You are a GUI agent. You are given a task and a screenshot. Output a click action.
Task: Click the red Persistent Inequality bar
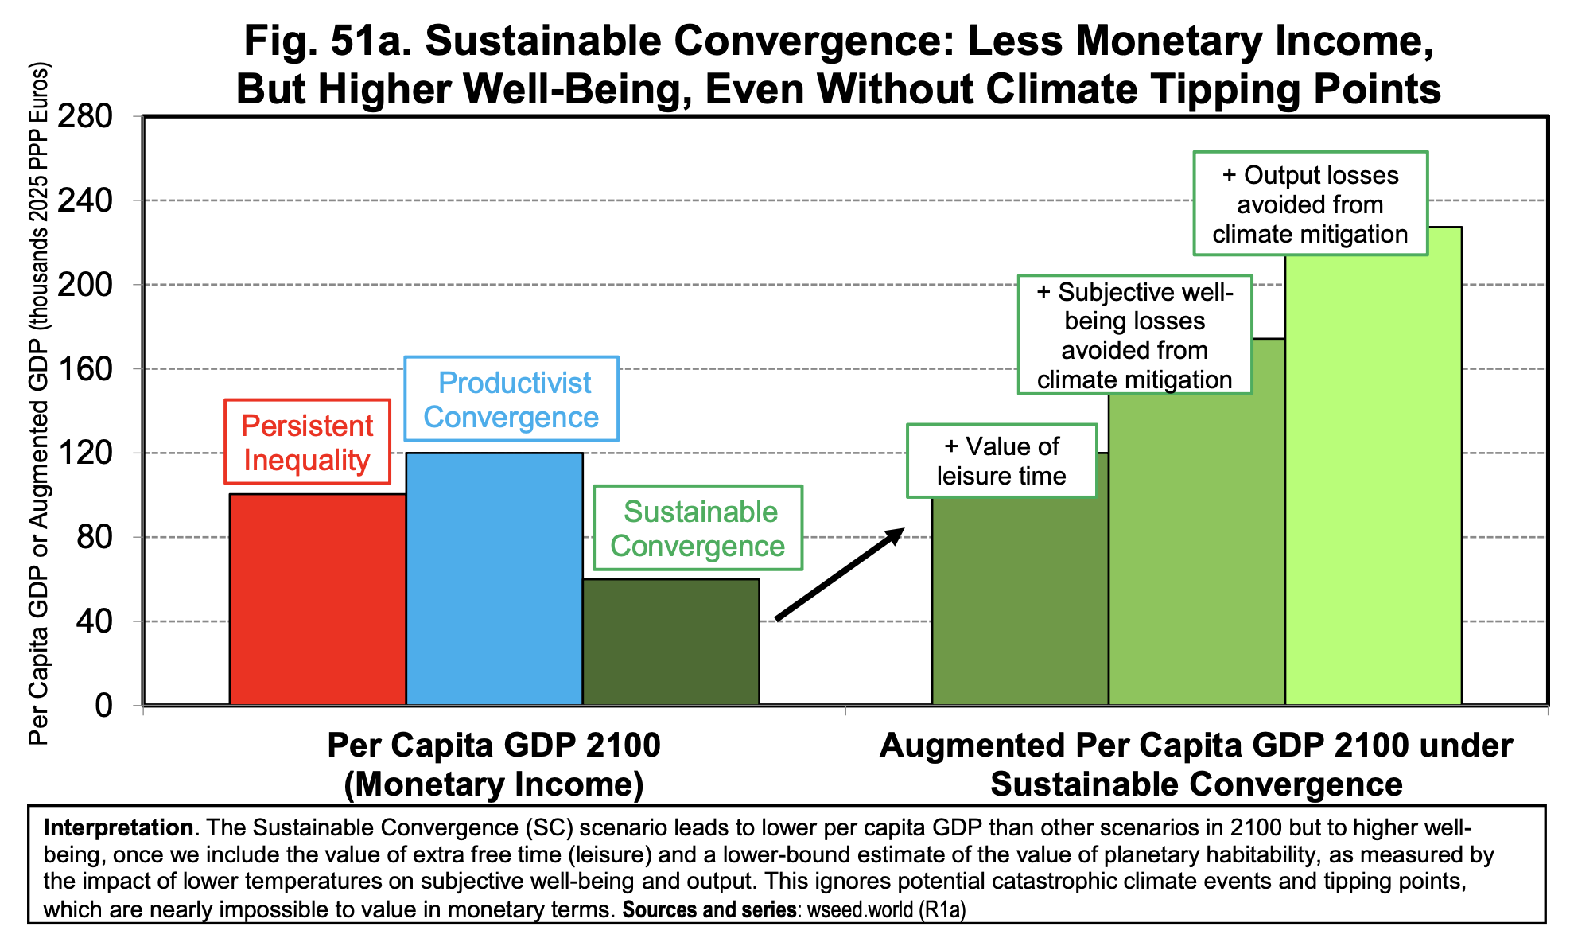click(317, 599)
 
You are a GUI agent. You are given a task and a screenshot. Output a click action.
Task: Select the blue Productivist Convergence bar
click(494, 578)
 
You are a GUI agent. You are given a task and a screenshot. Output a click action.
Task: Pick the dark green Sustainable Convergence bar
click(670, 641)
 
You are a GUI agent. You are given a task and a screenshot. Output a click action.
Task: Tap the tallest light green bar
click(1373, 477)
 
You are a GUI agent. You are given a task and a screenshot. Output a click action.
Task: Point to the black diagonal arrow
click(840, 574)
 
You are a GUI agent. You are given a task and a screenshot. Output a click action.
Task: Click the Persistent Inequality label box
click(307, 442)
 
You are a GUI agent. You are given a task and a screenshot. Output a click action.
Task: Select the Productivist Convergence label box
click(511, 399)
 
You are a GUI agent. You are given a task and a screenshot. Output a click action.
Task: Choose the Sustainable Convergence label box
click(698, 527)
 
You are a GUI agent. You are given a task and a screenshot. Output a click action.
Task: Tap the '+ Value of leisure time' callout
click(1001, 461)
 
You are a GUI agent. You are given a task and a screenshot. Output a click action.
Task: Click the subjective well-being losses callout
click(1135, 335)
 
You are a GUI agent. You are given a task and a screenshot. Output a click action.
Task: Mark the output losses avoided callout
click(1310, 204)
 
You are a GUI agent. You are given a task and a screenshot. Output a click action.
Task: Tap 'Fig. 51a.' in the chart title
click(327, 41)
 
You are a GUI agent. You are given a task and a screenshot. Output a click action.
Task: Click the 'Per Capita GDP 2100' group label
click(494, 745)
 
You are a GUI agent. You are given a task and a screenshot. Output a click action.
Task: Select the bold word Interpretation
click(118, 827)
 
